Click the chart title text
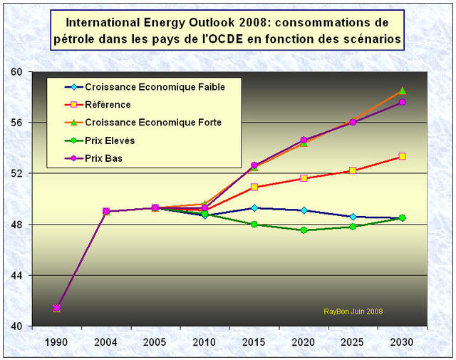pyautogui.click(x=228, y=30)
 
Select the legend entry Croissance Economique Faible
pyautogui.click(x=155, y=87)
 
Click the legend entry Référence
pyautogui.click(x=108, y=105)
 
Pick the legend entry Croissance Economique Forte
pyautogui.click(x=153, y=123)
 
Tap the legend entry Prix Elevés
pyautogui.click(x=110, y=140)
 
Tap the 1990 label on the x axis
pyautogui.click(x=56, y=341)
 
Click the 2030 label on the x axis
pyautogui.click(x=403, y=341)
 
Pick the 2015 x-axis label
pyautogui.click(x=254, y=341)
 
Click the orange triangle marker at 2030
pyautogui.click(x=403, y=91)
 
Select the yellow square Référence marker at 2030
pyautogui.click(x=403, y=156)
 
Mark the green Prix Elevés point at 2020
pyautogui.click(x=304, y=230)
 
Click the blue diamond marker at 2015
pyautogui.click(x=254, y=208)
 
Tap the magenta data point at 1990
pyautogui.click(x=56, y=308)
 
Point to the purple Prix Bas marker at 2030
pyautogui.click(x=403, y=102)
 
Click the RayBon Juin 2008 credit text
pyautogui.click(x=353, y=312)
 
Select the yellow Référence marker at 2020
pyautogui.click(x=304, y=178)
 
